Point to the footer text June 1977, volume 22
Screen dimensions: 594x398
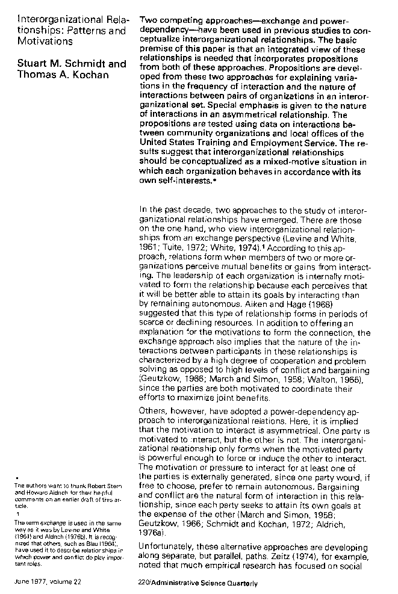(x=49, y=583)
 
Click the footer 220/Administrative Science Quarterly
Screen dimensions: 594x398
(x=197, y=583)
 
